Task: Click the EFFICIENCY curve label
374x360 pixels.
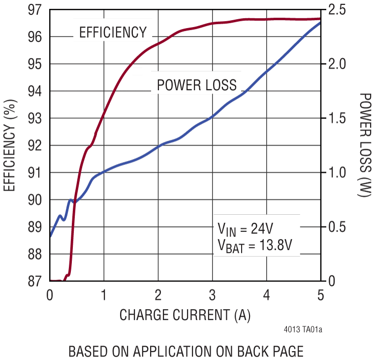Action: click(113, 33)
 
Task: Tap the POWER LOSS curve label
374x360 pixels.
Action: click(196, 86)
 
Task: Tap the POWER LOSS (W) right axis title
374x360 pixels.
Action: click(364, 145)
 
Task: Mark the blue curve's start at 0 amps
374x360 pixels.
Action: click(50, 236)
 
